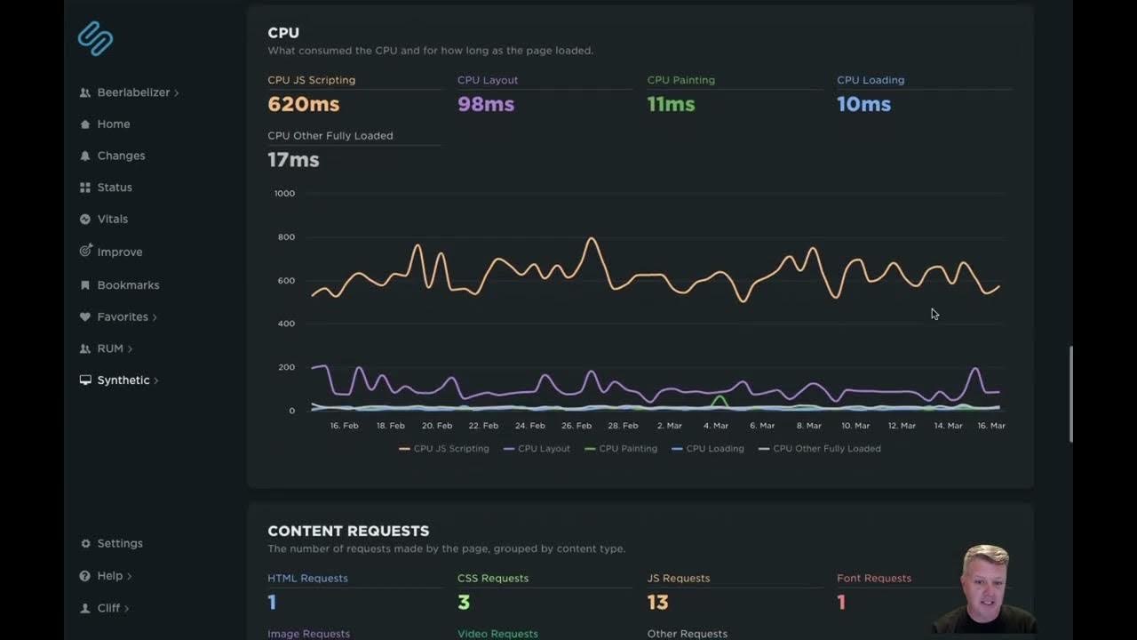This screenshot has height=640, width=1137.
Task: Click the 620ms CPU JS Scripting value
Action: tap(303, 104)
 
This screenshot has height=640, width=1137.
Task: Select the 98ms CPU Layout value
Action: tap(485, 104)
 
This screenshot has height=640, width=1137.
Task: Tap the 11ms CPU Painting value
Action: tap(671, 104)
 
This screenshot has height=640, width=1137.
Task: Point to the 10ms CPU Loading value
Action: tap(863, 104)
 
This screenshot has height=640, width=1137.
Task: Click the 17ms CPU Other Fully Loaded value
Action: tap(293, 160)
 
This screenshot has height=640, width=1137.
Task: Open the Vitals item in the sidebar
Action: tap(112, 219)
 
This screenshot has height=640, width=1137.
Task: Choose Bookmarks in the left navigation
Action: tap(128, 285)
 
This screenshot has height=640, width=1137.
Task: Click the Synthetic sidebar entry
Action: tap(123, 380)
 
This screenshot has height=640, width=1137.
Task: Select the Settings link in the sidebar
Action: tap(119, 543)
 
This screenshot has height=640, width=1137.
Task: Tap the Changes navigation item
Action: tap(121, 156)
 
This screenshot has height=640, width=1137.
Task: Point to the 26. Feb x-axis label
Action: tap(576, 426)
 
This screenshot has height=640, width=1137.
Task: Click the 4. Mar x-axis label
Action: tap(715, 426)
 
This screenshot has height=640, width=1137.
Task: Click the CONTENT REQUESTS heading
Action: tap(348, 531)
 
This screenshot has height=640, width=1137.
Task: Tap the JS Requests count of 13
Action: tap(657, 603)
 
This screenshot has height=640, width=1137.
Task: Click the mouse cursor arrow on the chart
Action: tap(934, 314)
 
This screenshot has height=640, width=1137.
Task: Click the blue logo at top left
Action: tap(95, 38)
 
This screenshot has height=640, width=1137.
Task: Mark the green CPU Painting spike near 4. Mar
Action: tap(719, 401)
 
